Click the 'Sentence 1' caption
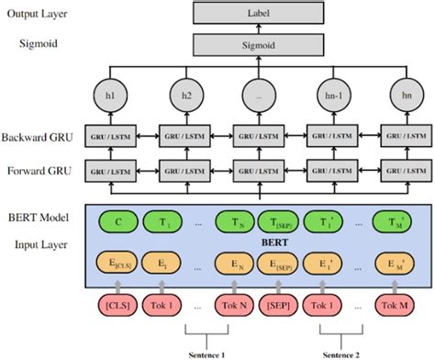click(209, 352)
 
